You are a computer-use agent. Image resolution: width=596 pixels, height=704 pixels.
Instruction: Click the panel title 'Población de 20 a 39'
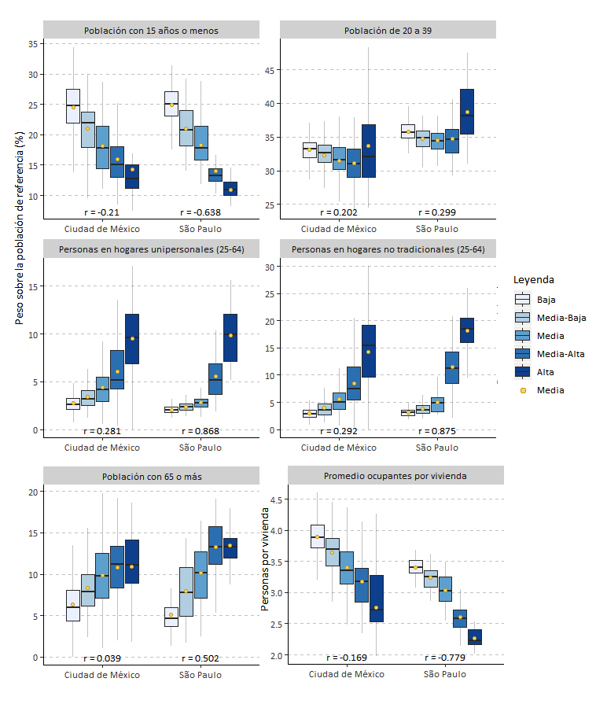coord(388,31)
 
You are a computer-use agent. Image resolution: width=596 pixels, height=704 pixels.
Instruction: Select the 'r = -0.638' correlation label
coord(200,212)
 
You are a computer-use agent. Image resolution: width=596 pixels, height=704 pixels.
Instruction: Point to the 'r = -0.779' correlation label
coord(446,658)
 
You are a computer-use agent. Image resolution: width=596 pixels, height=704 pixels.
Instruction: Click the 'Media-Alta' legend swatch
coord(522,354)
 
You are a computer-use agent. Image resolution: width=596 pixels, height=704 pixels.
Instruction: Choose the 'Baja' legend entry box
coord(522,300)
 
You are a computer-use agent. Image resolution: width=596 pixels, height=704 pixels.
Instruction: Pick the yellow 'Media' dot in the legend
coord(522,389)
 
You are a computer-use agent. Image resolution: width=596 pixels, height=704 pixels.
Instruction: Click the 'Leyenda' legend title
coord(533,280)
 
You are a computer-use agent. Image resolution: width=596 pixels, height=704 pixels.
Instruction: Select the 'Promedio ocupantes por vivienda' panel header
coord(395,476)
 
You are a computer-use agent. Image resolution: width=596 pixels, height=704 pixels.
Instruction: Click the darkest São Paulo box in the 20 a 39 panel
coord(467,112)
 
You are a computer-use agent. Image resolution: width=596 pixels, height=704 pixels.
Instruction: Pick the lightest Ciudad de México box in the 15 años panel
coord(73,106)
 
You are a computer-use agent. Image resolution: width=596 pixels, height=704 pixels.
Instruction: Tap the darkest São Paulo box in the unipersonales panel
coord(230,337)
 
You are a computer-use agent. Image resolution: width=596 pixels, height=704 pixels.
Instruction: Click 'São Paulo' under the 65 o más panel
coord(201,675)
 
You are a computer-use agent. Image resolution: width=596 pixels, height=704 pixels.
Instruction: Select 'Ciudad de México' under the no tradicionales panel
coord(339,448)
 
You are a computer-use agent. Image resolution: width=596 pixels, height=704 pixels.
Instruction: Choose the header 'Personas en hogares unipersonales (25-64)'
coord(151,250)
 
